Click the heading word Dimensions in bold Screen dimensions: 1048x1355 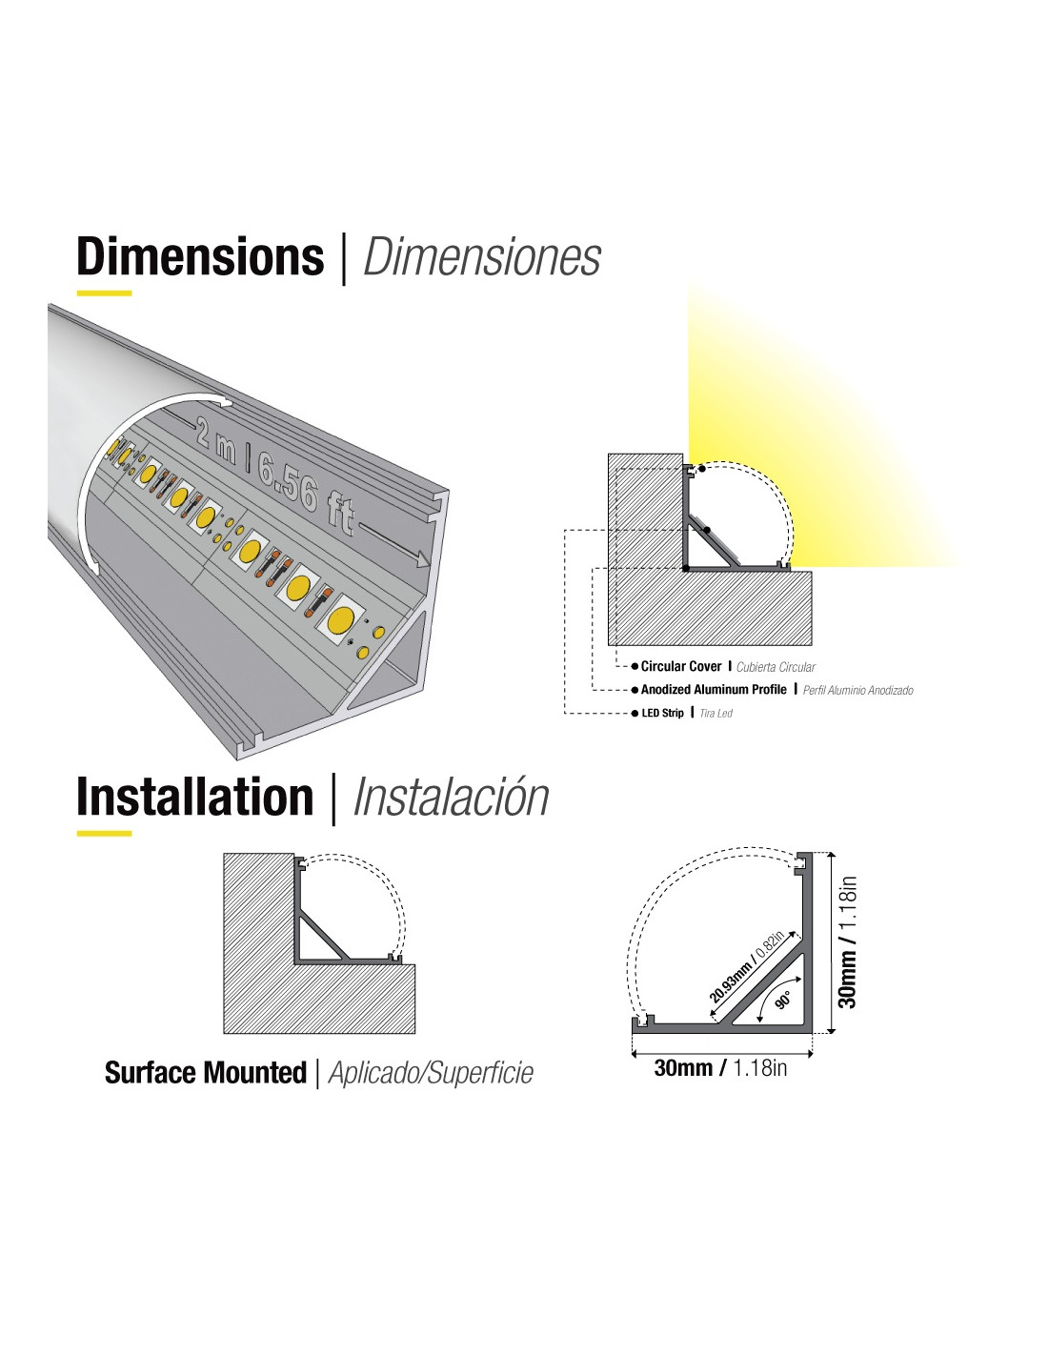(x=200, y=256)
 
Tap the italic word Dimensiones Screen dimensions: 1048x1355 (x=481, y=256)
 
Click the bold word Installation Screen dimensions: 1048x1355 (x=194, y=797)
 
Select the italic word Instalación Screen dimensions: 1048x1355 (x=451, y=797)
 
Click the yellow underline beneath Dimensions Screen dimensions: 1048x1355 (x=104, y=293)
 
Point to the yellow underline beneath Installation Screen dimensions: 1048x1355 (x=104, y=833)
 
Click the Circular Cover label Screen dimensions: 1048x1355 (x=681, y=666)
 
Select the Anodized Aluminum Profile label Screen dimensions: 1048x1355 (x=714, y=689)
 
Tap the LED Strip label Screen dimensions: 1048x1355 (x=663, y=713)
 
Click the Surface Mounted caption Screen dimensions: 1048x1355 (x=206, y=1073)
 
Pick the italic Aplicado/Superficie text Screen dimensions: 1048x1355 (x=431, y=1073)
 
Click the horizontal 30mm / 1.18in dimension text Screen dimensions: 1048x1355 (x=720, y=1068)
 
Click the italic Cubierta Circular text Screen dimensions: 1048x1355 (x=776, y=667)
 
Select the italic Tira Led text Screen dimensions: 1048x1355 (x=715, y=714)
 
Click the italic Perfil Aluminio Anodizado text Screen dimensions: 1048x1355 (x=857, y=690)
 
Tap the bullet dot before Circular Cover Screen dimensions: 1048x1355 (x=635, y=667)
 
